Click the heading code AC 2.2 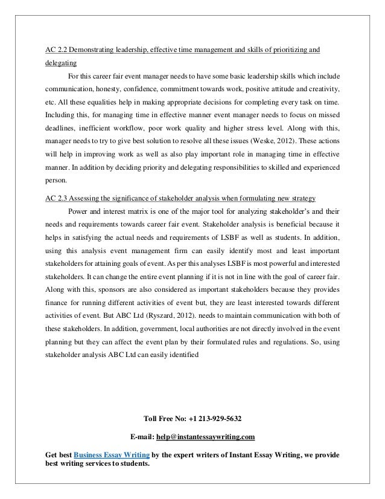click(58, 48)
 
